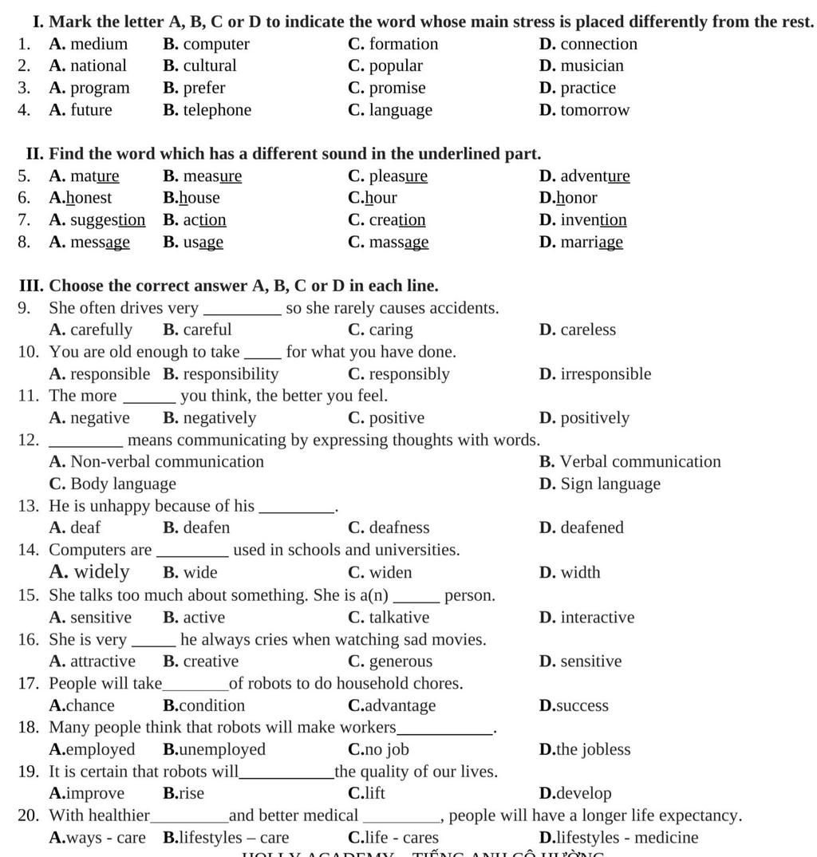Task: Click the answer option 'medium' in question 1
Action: pyautogui.click(x=98, y=44)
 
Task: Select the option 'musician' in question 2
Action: pyautogui.click(x=592, y=65)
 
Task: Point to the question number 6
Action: pyautogui.click(x=24, y=198)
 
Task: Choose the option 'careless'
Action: pyautogui.click(x=588, y=330)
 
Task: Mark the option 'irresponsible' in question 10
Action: pyautogui.click(x=606, y=374)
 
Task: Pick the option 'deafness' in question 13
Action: pyautogui.click(x=399, y=528)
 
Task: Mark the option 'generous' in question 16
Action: pyautogui.click(x=401, y=662)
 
